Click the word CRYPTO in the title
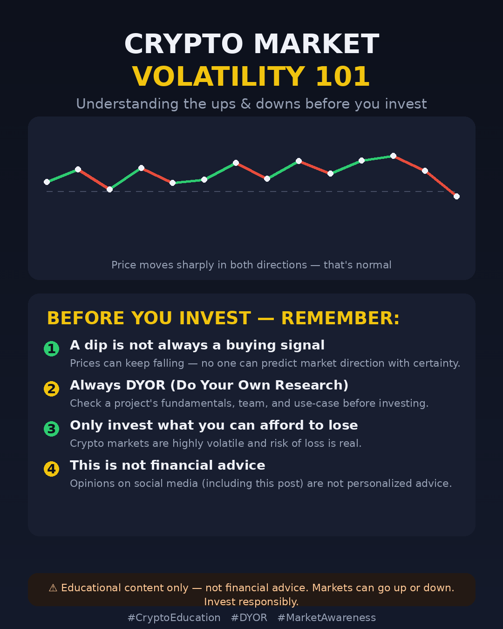[184, 44]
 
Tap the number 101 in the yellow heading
[343, 76]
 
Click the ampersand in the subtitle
[246, 104]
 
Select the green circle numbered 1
[51, 349]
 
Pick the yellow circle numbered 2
[51, 389]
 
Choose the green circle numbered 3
[51, 429]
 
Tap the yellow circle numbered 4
[51, 469]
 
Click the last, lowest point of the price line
[456, 197]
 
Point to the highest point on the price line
[394, 156]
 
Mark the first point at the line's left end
[47, 182]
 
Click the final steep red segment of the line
[441, 184]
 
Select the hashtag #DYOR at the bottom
[249, 618]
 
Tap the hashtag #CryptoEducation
[174, 618]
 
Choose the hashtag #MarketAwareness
[326, 618]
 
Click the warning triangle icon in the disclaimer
[53, 588]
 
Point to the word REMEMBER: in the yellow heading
[340, 318]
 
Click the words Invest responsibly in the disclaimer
[251, 602]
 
